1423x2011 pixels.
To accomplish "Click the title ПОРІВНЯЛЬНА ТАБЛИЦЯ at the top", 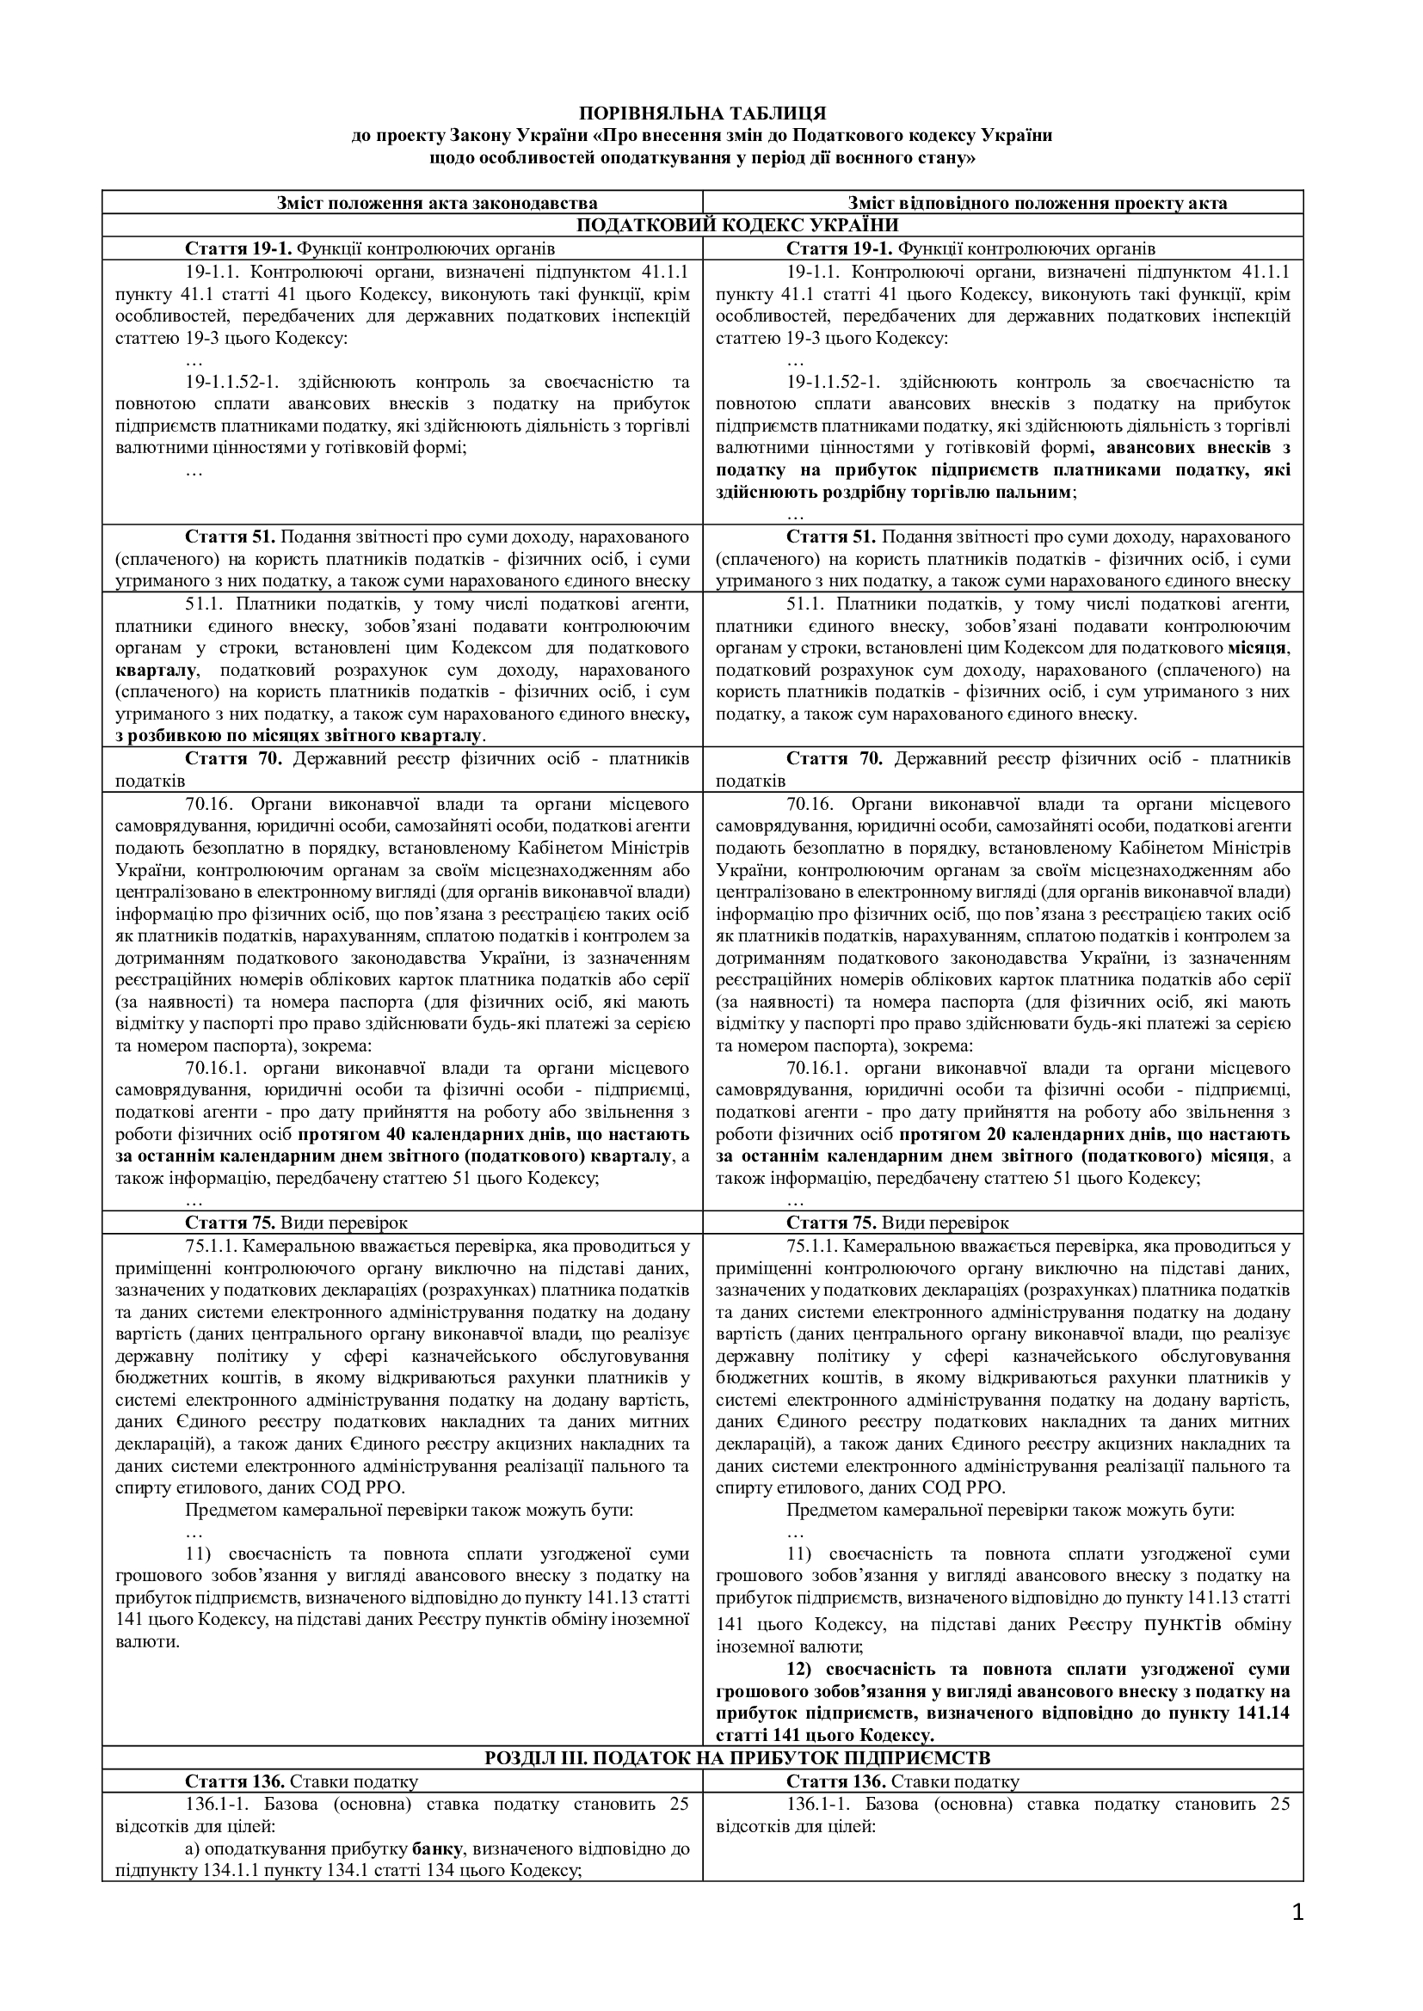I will tap(702, 113).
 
